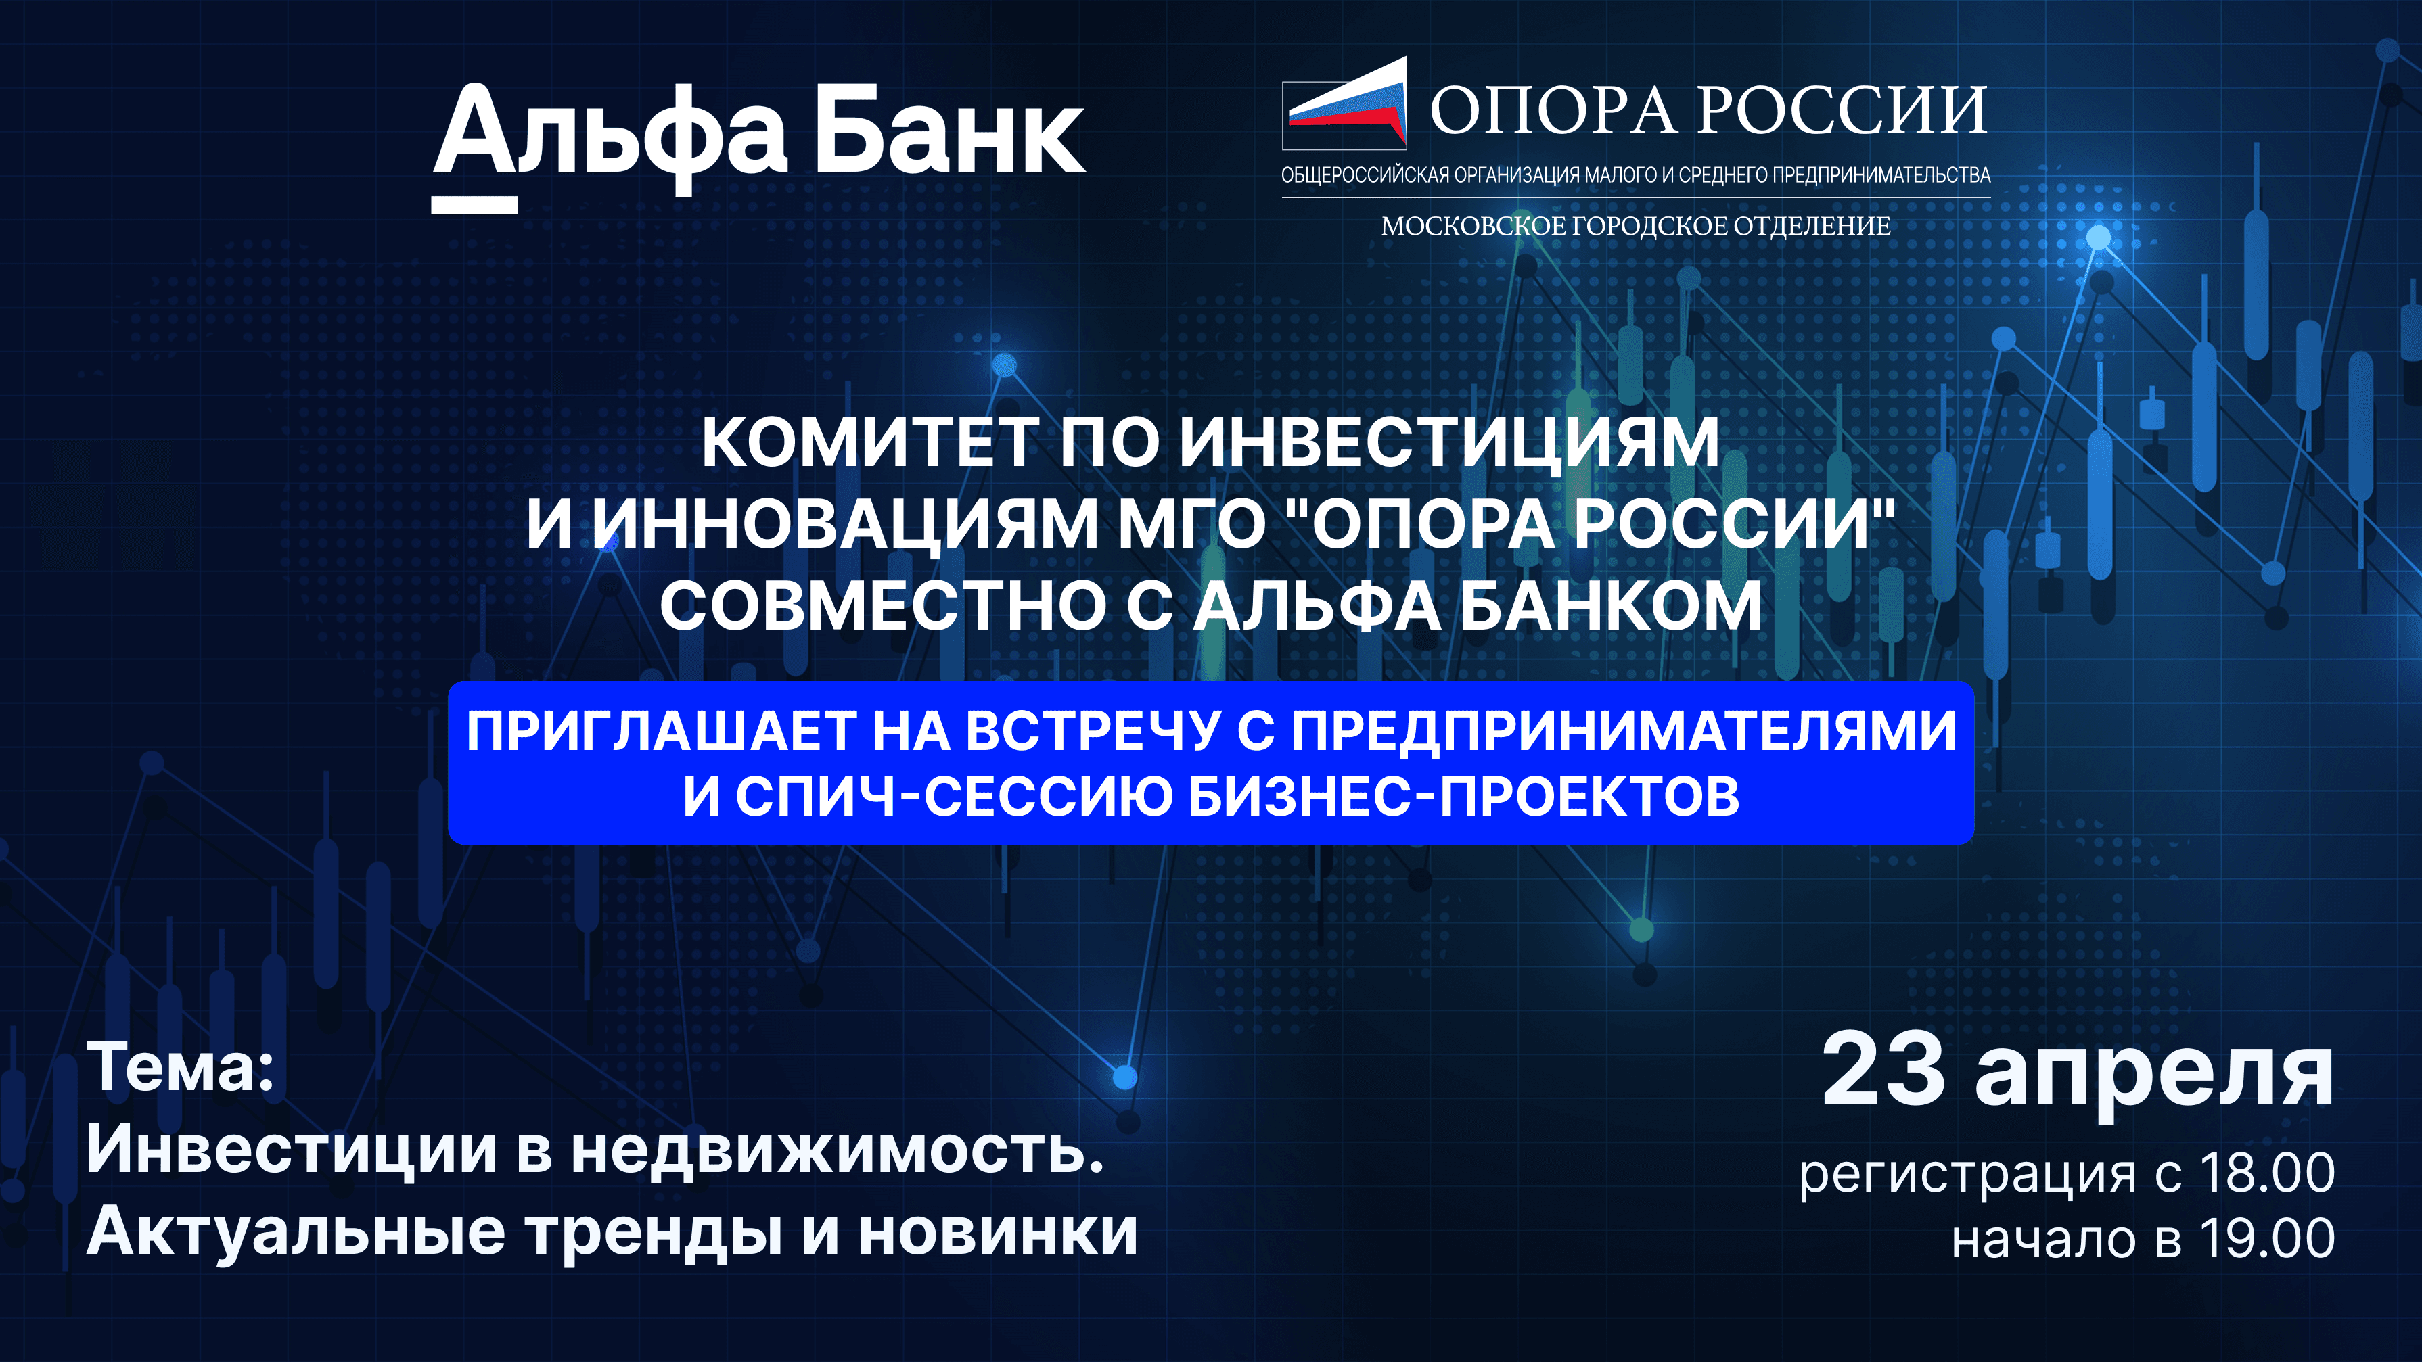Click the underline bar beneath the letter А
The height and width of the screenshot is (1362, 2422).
click(x=474, y=205)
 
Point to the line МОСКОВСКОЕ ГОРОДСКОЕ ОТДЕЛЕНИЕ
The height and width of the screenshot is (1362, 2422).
click(x=1636, y=227)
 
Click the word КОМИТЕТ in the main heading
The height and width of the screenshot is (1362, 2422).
click(x=870, y=442)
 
